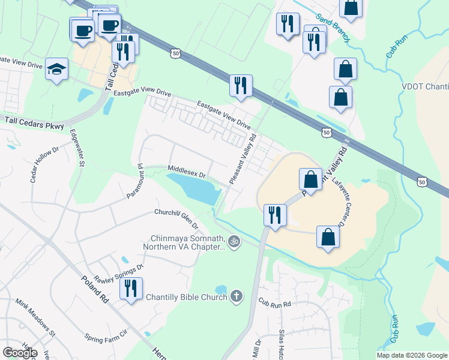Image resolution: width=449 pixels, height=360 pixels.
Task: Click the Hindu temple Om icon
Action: click(x=234, y=242)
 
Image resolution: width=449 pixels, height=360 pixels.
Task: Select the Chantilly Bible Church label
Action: click(x=185, y=296)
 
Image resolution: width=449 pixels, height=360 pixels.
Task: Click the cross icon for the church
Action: click(x=237, y=296)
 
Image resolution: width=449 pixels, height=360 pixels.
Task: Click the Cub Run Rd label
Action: click(x=274, y=304)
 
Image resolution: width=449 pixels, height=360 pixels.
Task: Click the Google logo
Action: click(x=20, y=353)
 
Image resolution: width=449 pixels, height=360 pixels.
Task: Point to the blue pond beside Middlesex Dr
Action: click(x=193, y=189)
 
